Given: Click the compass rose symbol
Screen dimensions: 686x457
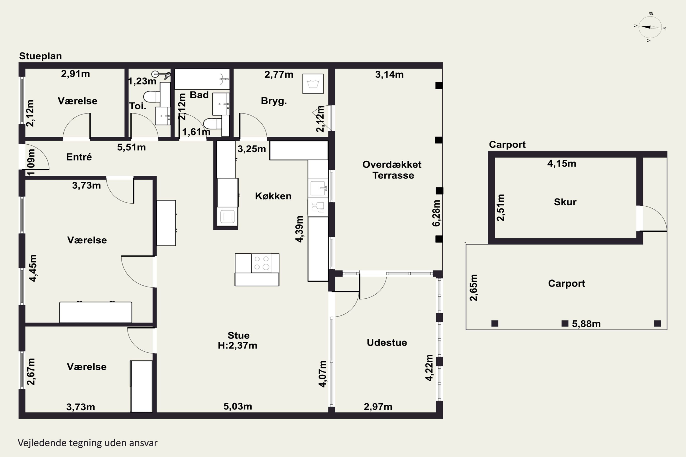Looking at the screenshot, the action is pyautogui.click(x=650, y=27).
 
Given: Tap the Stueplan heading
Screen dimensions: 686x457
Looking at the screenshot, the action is pyautogui.click(x=40, y=56).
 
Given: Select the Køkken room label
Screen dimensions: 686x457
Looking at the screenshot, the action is pyautogui.click(x=273, y=196).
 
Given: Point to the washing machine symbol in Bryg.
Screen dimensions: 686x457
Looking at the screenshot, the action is pyautogui.click(x=313, y=84).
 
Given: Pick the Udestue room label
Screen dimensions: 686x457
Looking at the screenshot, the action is pyautogui.click(x=387, y=343).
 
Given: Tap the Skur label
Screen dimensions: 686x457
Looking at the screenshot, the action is pyautogui.click(x=565, y=202).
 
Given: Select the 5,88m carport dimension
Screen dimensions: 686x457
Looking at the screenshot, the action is pyautogui.click(x=586, y=324).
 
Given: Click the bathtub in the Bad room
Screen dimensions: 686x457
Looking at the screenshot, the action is pyautogui.click(x=202, y=79).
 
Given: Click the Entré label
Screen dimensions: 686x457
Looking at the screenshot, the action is pyautogui.click(x=79, y=157).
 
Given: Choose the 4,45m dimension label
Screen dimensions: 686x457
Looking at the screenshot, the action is pyautogui.click(x=33, y=268).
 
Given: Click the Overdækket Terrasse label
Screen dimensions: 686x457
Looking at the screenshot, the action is pyautogui.click(x=392, y=170).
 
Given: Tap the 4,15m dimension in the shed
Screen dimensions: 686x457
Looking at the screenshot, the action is pyautogui.click(x=562, y=164).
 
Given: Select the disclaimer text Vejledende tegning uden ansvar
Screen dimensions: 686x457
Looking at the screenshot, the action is pyautogui.click(x=88, y=443).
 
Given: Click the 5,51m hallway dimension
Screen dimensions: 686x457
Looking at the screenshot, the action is pyautogui.click(x=131, y=147).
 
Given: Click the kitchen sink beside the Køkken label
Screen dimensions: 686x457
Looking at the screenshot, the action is pyautogui.click(x=318, y=188).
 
